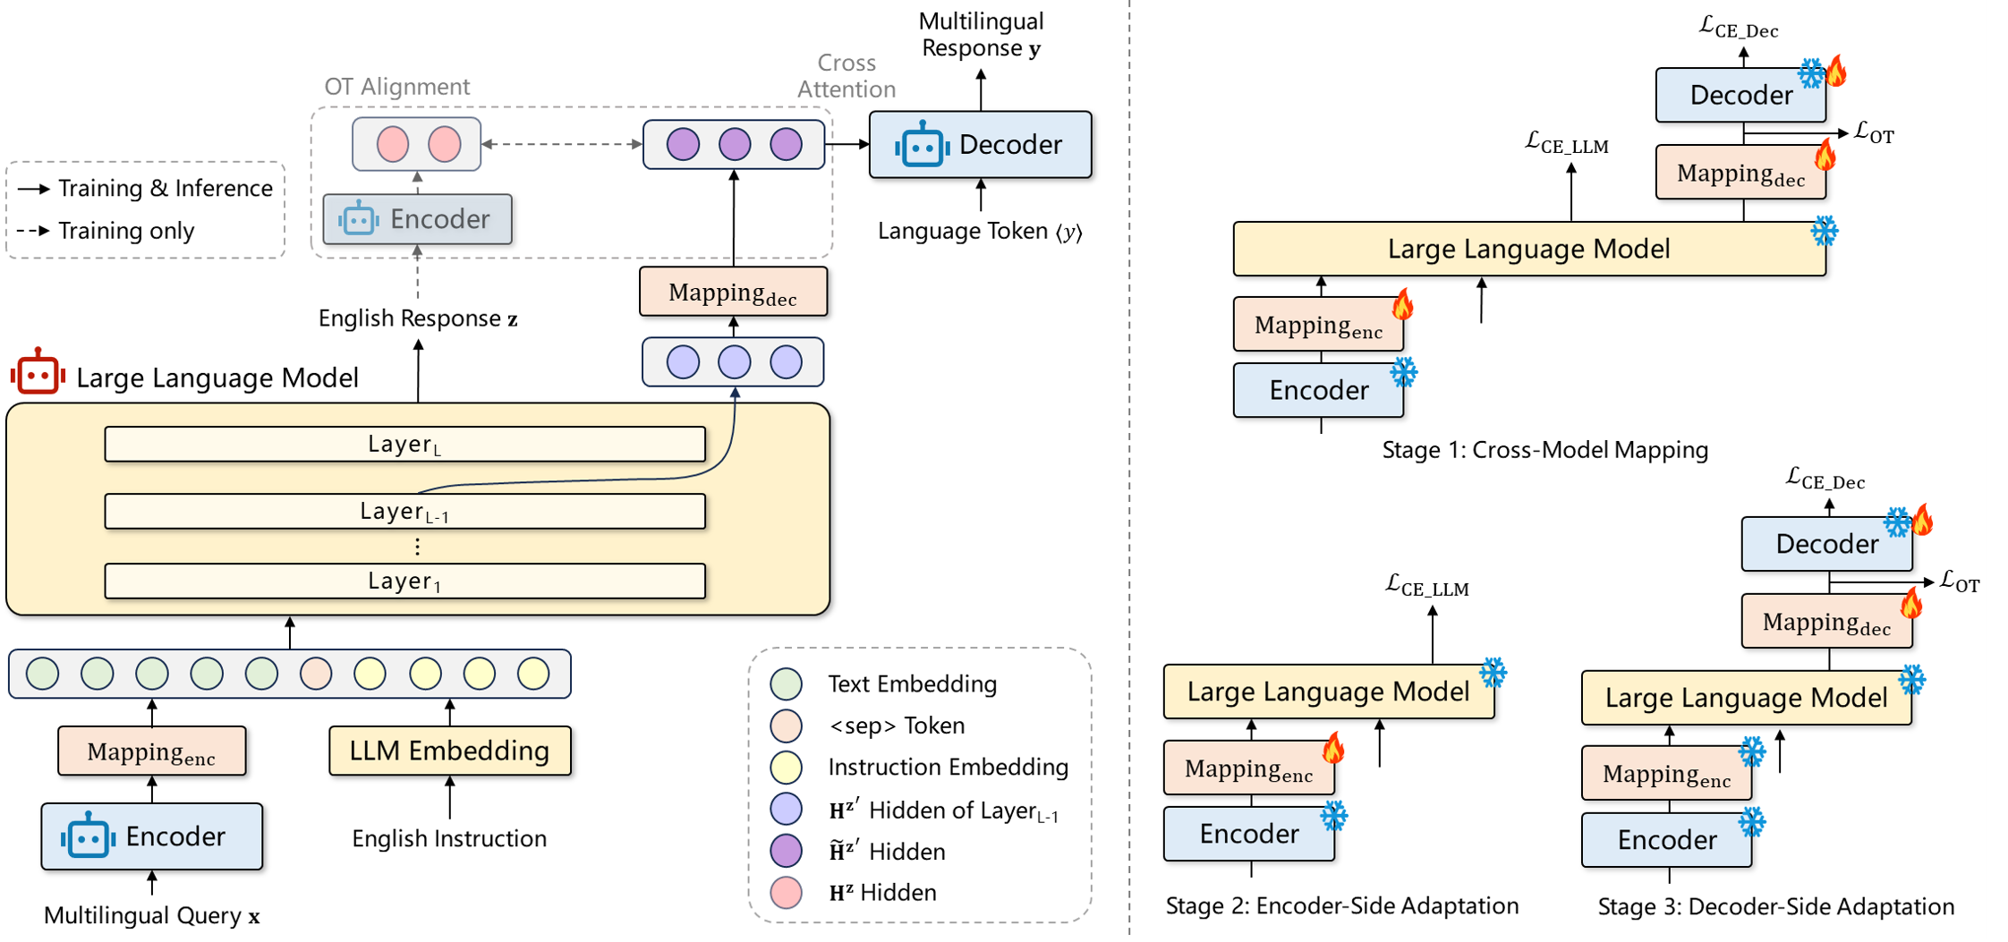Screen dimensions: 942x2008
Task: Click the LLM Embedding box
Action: click(x=449, y=751)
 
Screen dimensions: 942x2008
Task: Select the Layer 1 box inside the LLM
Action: click(x=404, y=581)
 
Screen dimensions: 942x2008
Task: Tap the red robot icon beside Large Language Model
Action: click(x=38, y=372)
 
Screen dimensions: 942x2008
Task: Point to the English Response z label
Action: click(x=418, y=318)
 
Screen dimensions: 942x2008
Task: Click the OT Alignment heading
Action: click(x=396, y=87)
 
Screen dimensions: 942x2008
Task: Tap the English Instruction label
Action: click(x=449, y=839)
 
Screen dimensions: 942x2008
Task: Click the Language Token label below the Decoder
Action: click(x=980, y=232)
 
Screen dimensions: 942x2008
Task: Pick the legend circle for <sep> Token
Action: click(x=787, y=726)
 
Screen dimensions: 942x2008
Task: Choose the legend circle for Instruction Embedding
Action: click(x=787, y=768)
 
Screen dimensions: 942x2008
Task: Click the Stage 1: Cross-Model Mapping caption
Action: click(x=1544, y=450)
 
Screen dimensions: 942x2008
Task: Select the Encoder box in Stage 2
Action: click(x=1248, y=834)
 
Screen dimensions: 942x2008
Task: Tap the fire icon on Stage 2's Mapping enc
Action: click(x=1333, y=747)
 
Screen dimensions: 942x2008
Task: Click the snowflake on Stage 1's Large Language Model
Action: click(x=1824, y=232)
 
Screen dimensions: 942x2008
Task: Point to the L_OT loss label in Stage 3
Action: click(x=1959, y=582)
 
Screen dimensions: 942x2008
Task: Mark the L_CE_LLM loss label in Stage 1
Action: click(x=1566, y=143)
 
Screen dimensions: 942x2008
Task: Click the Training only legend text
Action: click(x=126, y=231)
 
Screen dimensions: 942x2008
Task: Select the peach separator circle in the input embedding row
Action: click(x=316, y=674)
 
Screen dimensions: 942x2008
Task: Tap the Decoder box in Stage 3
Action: click(x=1826, y=544)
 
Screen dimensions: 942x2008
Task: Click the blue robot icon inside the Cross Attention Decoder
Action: click(x=922, y=145)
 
